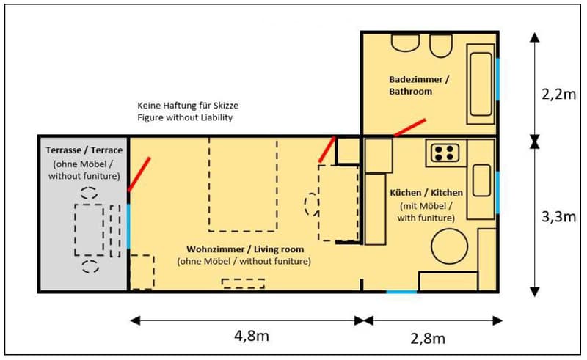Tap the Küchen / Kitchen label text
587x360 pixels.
[x=426, y=193]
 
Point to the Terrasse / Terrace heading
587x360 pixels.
[x=84, y=150]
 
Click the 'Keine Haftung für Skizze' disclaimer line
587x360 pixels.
[x=188, y=106]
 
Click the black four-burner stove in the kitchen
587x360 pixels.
[x=444, y=153]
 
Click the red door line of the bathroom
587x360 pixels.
[x=409, y=127]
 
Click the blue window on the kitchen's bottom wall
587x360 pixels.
[x=401, y=292]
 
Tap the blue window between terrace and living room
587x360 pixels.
[x=129, y=226]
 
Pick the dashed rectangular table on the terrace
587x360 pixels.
[x=90, y=229]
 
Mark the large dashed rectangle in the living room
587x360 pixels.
[x=243, y=183]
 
